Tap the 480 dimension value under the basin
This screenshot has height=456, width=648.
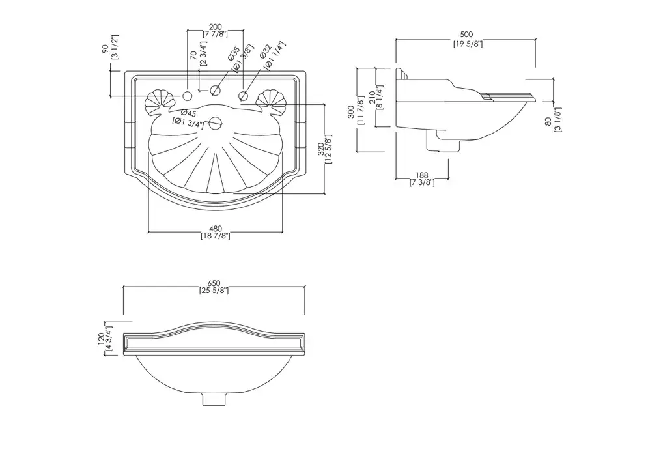tap(216, 228)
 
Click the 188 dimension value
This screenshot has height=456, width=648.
tap(422, 175)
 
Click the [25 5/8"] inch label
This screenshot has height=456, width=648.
tap(214, 291)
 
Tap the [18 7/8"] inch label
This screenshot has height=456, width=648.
tap(216, 236)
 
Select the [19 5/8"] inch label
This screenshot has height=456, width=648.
tap(467, 44)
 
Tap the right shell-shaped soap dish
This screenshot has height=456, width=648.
tap(272, 100)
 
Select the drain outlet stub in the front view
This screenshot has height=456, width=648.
tap(214, 397)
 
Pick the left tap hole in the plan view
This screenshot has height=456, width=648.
tap(188, 97)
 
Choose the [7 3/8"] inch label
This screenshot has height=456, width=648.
tap(422, 183)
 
